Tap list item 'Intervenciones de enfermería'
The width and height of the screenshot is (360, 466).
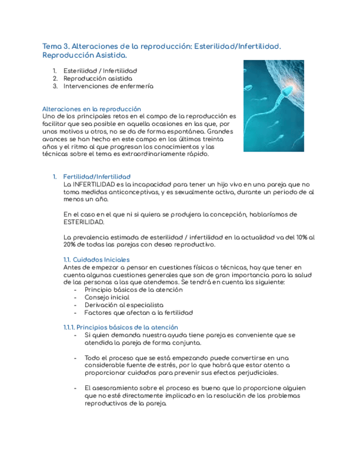tap(108, 86)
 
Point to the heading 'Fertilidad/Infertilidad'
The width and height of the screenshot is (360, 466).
tap(97, 176)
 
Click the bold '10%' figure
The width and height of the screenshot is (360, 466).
tap(301, 237)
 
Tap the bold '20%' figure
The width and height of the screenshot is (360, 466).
tap(71, 245)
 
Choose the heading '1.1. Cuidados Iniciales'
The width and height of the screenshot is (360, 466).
tap(97, 259)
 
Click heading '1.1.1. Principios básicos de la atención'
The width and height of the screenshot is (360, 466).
tap(121, 327)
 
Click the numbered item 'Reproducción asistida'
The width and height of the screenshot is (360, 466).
tap(98, 79)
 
